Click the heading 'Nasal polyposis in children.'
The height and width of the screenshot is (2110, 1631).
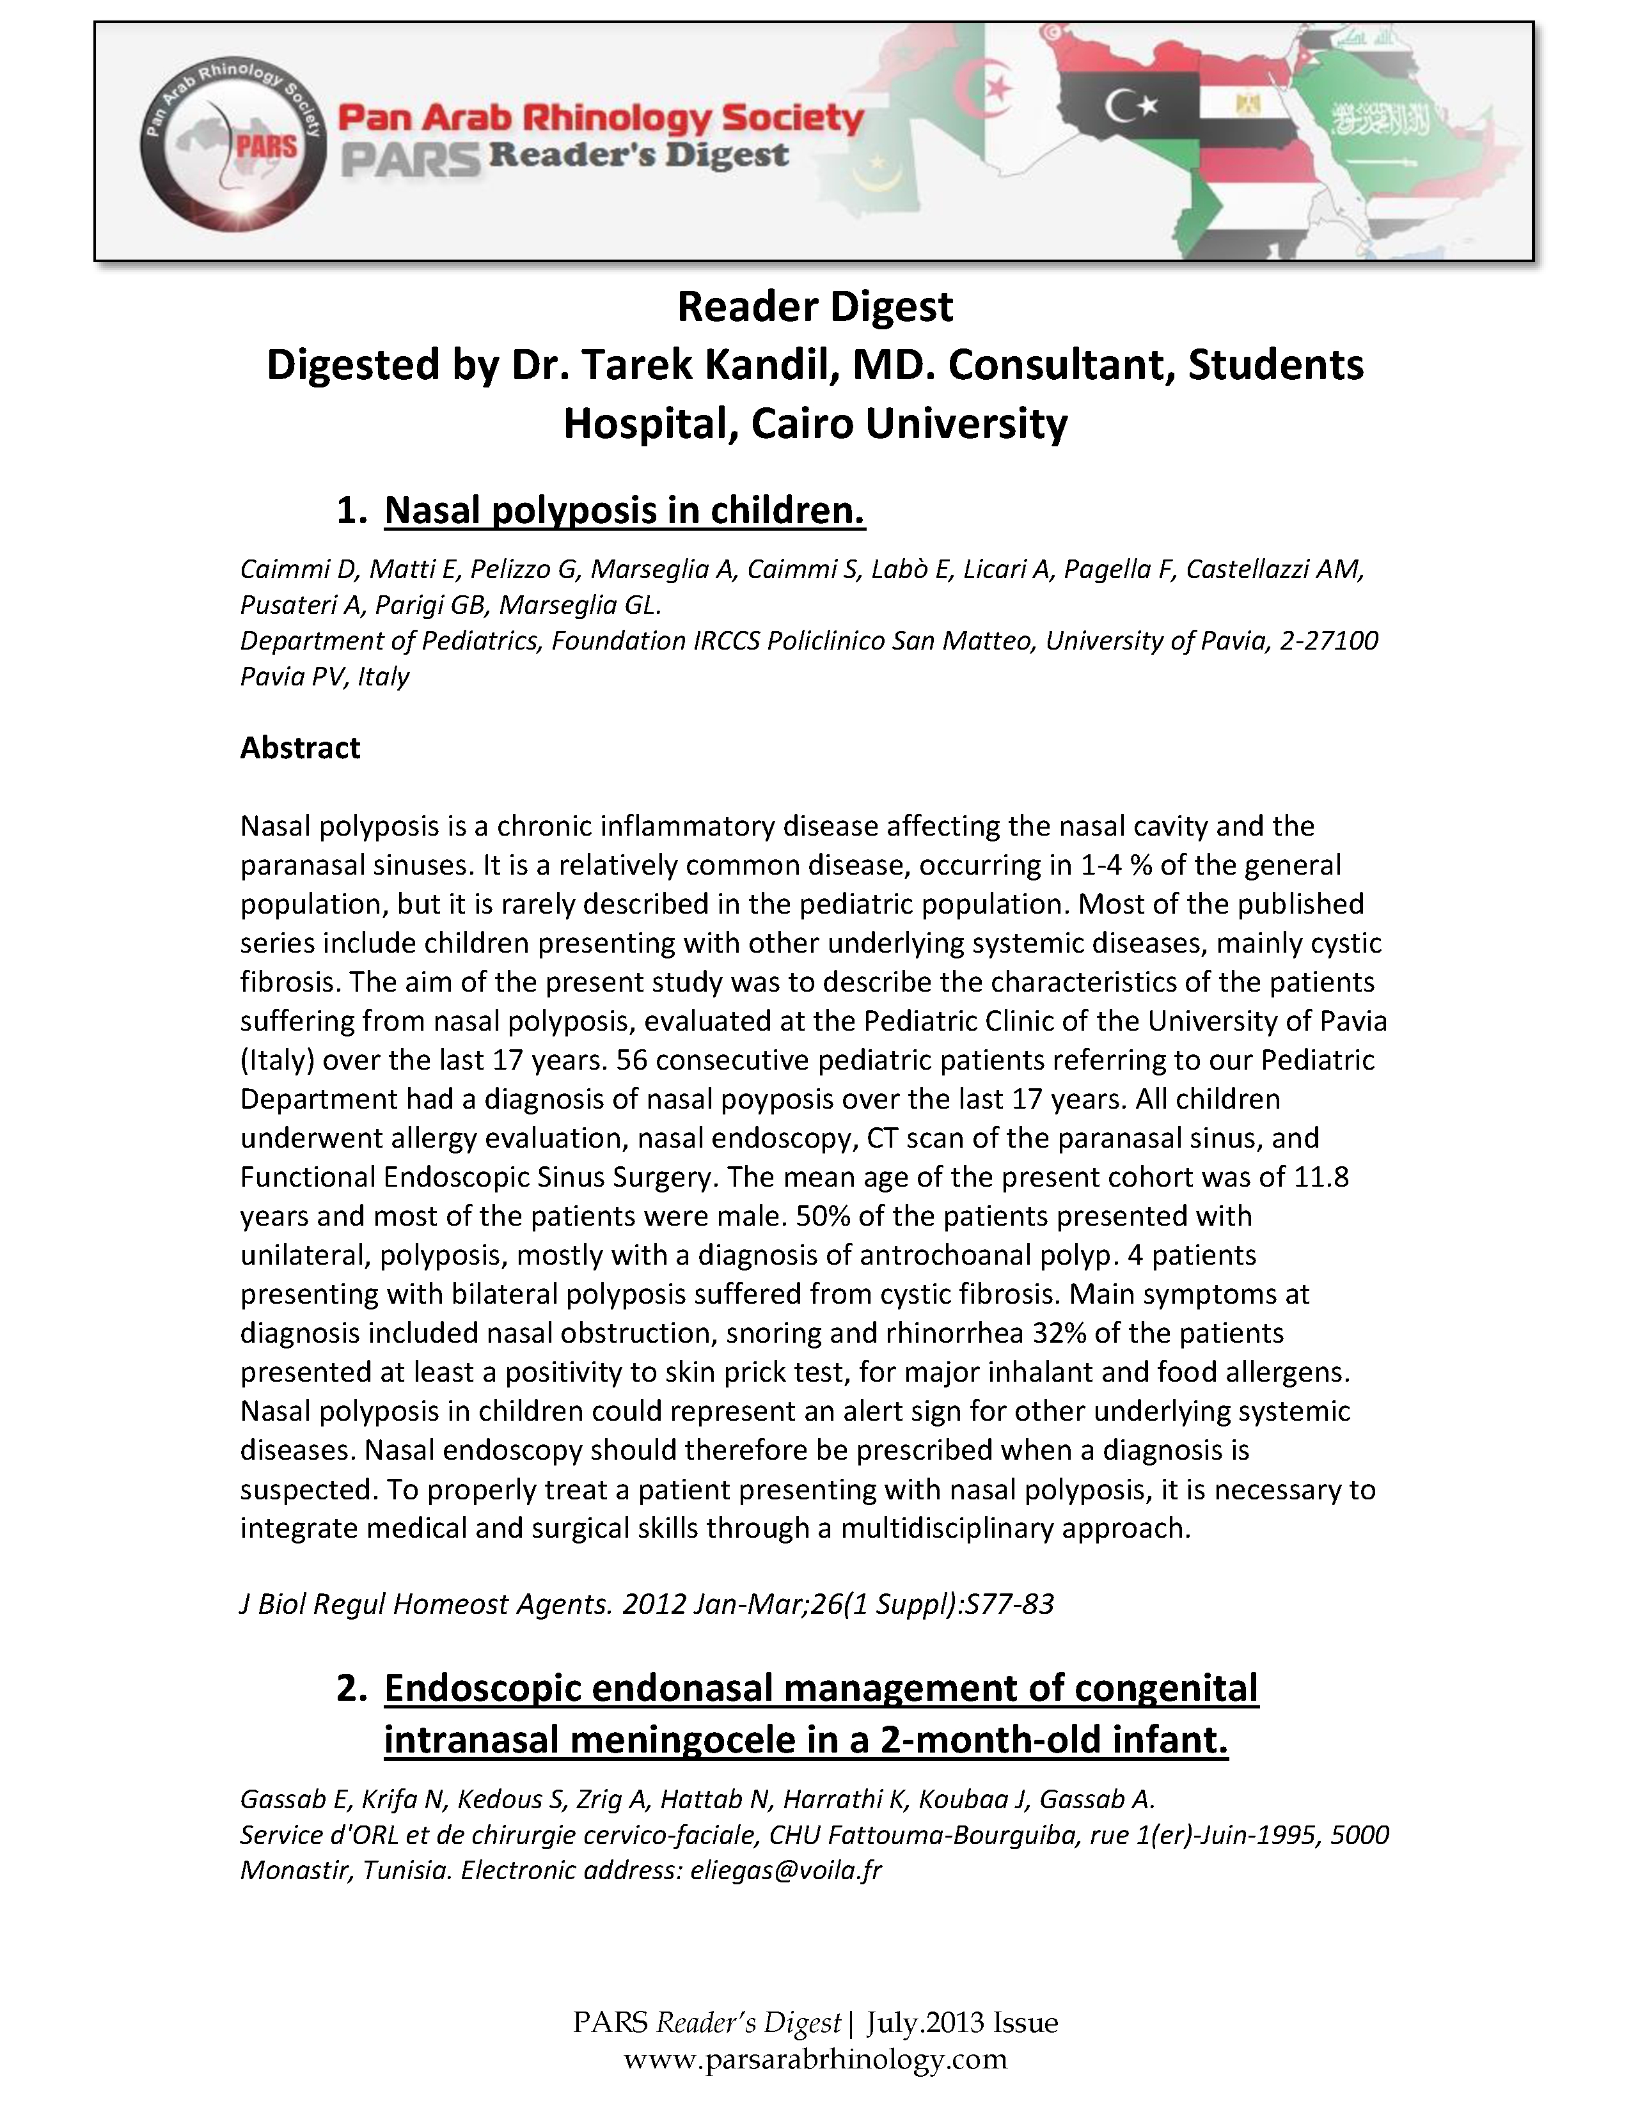click(624, 510)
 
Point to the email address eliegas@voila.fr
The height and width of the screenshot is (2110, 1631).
click(785, 1870)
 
